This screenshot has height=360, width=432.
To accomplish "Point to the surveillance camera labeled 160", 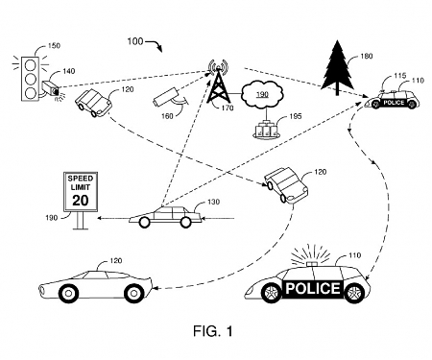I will click(163, 96).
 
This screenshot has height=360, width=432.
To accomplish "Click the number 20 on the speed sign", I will click(78, 200).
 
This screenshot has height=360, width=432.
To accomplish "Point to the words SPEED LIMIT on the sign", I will click(78, 182).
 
